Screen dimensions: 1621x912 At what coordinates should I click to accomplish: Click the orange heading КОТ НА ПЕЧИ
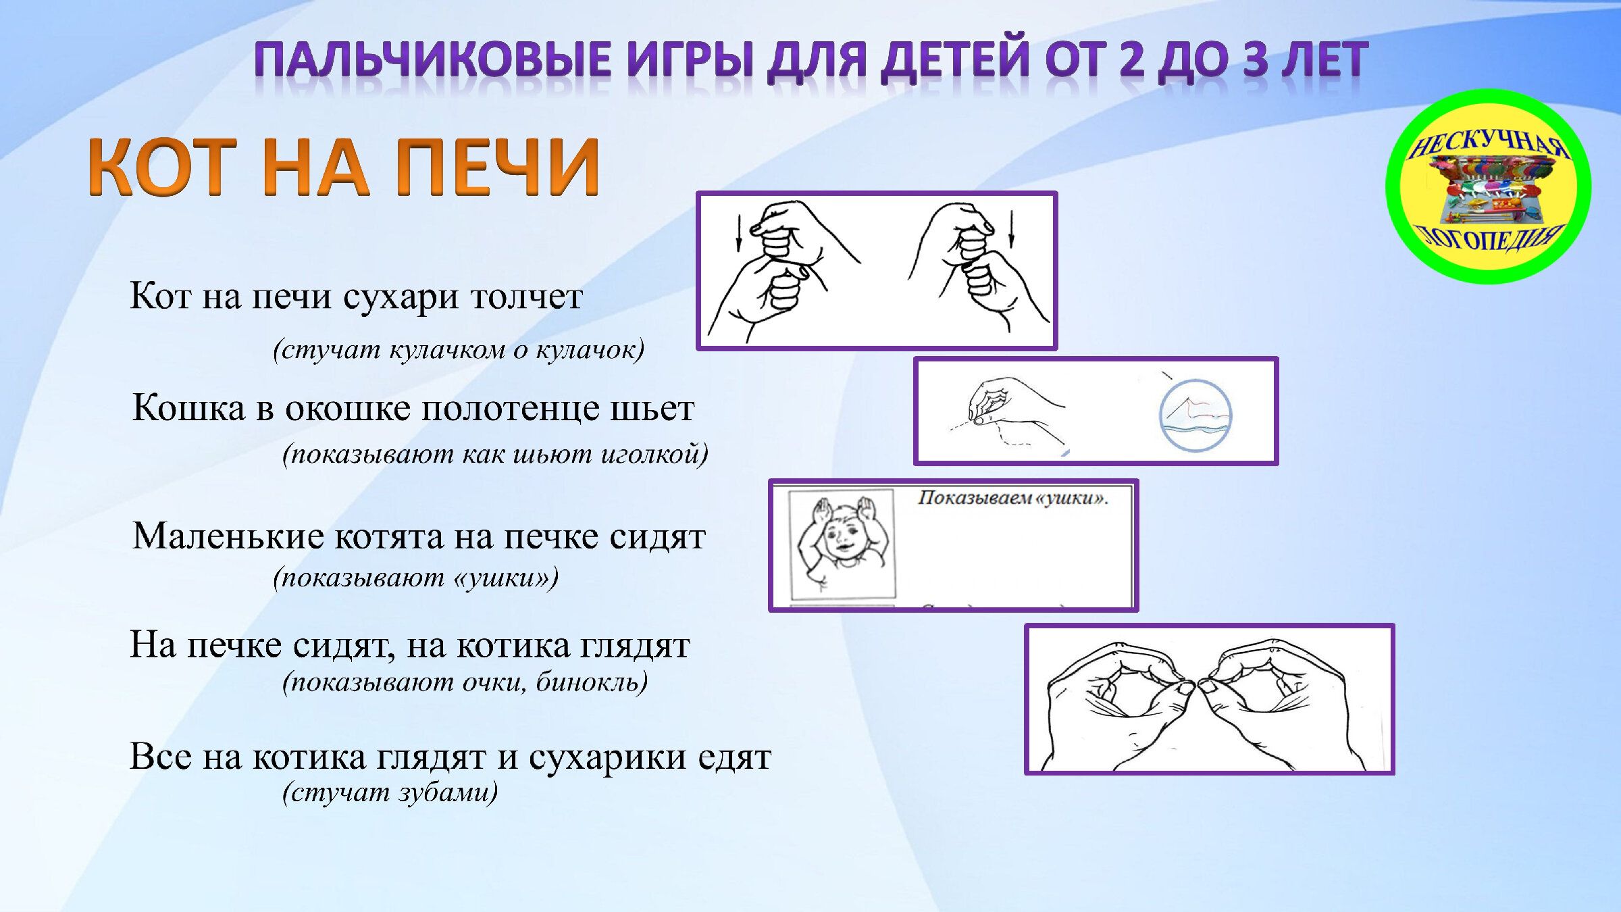[x=344, y=166]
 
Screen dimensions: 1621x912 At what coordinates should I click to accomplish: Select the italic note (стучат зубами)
[x=390, y=792]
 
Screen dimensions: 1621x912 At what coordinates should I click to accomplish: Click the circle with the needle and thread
[x=1195, y=415]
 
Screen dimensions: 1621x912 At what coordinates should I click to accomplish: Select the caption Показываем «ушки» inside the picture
[x=1012, y=499]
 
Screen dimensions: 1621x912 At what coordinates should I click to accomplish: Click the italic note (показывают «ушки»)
[x=416, y=578]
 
